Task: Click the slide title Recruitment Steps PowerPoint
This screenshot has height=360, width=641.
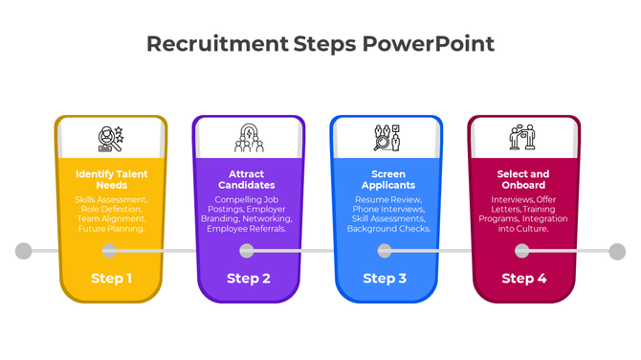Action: [320, 44]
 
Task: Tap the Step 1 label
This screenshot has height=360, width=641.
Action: [111, 279]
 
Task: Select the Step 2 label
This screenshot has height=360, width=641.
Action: [248, 279]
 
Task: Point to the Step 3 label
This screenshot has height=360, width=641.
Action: [385, 279]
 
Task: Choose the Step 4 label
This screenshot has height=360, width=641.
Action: [523, 279]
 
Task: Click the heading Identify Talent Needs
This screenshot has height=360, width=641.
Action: [111, 179]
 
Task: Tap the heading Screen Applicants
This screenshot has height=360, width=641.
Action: [387, 179]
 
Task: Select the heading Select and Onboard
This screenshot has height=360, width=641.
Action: [522, 179]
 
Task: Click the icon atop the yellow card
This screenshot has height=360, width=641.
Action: [111, 139]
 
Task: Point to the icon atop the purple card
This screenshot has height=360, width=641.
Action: [249, 139]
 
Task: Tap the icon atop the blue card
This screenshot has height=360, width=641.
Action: [387, 139]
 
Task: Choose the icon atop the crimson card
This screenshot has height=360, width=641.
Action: [522, 139]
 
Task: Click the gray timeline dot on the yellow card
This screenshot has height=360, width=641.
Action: [110, 251]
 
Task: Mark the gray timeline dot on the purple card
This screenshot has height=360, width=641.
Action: [247, 251]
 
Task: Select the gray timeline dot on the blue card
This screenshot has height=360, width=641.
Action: [385, 251]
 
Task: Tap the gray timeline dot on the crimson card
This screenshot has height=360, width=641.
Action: [522, 251]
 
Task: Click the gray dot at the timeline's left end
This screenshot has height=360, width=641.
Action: [24, 251]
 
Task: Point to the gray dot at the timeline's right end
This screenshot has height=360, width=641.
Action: [617, 251]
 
